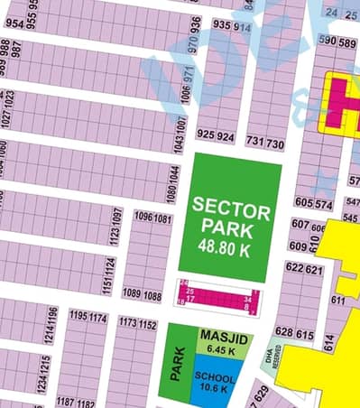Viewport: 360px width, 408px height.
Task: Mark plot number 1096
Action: point(143,218)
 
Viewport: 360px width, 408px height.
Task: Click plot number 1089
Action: point(132,295)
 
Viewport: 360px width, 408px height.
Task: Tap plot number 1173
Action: point(127,324)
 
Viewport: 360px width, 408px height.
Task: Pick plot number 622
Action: point(294,268)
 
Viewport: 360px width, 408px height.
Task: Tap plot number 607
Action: point(300,224)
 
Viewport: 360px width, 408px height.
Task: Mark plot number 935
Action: point(221,26)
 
